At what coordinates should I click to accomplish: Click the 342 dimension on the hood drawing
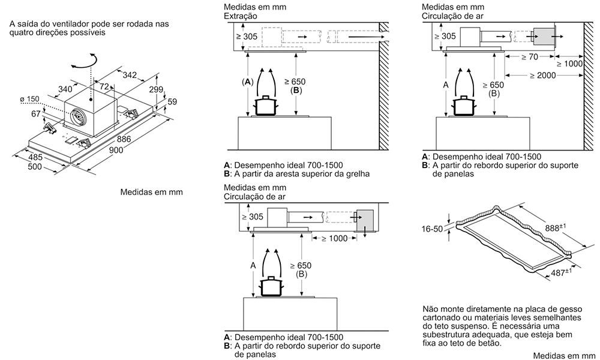click(129, 75)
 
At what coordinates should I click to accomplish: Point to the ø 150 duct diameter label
click(26, 98)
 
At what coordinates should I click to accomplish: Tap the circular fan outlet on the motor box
click(76, 116)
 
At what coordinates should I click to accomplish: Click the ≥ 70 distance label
click(527, 56)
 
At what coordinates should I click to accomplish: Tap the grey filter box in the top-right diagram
click(543, 36)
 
